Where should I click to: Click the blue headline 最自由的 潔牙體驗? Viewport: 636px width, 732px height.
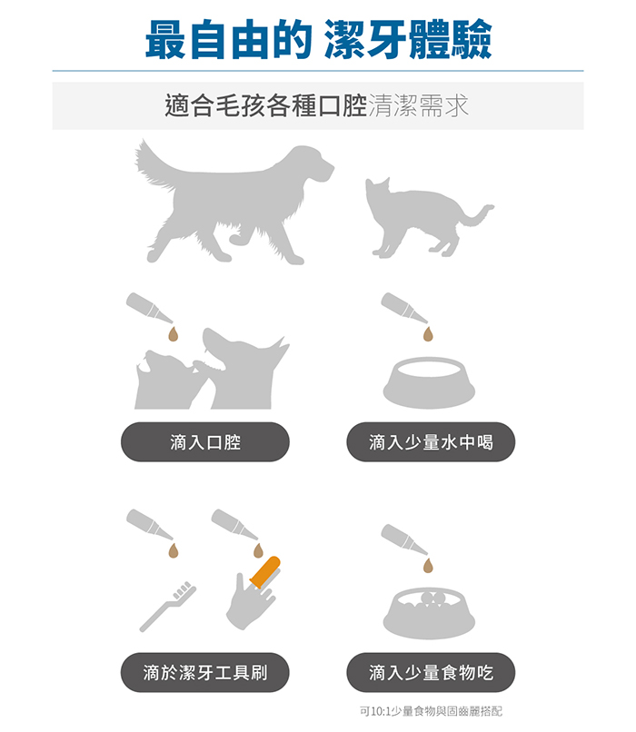click(318, 39)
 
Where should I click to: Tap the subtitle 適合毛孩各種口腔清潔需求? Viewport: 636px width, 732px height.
click(316, 105)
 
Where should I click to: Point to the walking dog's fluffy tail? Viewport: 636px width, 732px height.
click(154, 164)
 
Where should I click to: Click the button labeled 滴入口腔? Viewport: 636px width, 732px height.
click(205, 442)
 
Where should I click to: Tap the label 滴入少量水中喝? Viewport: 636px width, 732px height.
click(431, 442)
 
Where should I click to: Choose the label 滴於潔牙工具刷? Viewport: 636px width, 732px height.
click(205, 672)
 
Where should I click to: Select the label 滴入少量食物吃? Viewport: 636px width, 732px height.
click(431, 672)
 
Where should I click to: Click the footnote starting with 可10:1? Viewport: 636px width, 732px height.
click(431, 711)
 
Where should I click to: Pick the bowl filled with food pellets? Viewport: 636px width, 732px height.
click(429, 613)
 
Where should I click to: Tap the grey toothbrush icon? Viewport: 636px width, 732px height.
click(168, 607)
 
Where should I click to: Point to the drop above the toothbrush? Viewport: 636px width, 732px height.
click(174, 550)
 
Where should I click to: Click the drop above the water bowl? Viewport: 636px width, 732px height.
click(428, 334)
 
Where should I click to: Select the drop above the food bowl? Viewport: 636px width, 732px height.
click(428, 565)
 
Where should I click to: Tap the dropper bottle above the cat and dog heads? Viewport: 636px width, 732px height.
click(149, 308)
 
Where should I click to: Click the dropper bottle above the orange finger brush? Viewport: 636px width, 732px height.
click(234, 524)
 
